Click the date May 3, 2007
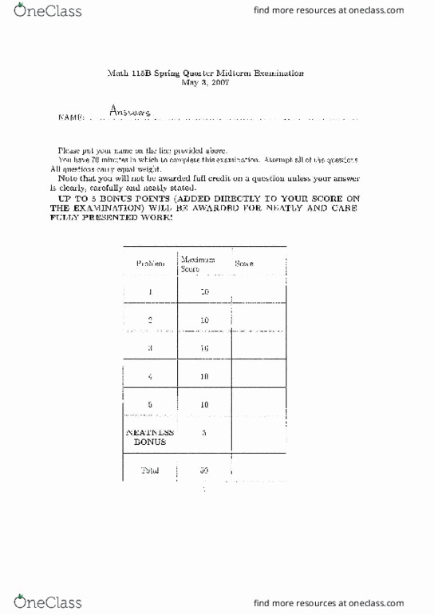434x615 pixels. (x=205, y=81)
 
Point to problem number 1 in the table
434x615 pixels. (x=150, y=292)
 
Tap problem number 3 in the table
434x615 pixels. (x=150, y=348)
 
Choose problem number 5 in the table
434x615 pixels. (x=150, y=404)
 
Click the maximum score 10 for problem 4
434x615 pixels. (x=204, y=376)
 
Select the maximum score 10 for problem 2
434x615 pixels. (x=204, y=320)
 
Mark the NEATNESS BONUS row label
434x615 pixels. (x=150, y=436)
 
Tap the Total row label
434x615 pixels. (x=150, y=470)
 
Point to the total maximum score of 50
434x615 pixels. (x=204, y=470)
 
